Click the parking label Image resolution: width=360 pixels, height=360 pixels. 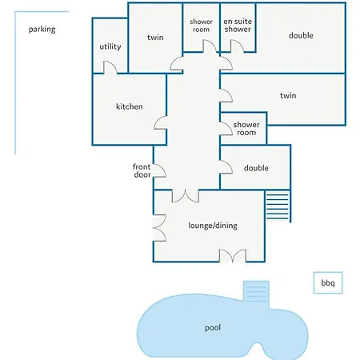click(x=42, y=30)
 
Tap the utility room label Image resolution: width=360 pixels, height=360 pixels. click(x=110, y=46)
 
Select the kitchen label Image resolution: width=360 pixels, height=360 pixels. click(x=130, y=106)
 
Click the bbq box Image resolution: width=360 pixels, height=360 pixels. click(x=328, y=282)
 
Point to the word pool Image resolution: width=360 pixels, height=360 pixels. click(x=213, y=328)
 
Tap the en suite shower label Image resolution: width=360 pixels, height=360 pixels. click(x=238, y=26)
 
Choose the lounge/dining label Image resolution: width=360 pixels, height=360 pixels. click(x=213, y=226)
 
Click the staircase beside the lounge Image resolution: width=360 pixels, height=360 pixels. click(x=278, y=206)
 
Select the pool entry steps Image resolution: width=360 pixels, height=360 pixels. click(x=256, y=292)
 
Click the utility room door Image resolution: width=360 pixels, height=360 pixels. click(x=110, y=67)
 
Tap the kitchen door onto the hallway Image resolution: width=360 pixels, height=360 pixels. click(x=160, y=123)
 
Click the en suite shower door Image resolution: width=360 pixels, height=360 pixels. click(x=237, y=46)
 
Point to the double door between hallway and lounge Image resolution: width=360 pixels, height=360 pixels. click(x=186, y=196)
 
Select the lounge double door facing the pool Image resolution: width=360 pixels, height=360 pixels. click(x=233, y=256)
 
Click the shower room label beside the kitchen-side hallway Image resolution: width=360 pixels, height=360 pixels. click(x=246, y=129)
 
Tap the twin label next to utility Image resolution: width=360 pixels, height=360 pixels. click(x=155, y=38)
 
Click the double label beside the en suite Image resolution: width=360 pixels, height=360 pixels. click(x=301, y=35)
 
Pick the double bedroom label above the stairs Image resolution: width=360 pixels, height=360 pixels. click(x=256, y=168)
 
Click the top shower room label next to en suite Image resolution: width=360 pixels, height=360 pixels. click(x=201, y=26)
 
